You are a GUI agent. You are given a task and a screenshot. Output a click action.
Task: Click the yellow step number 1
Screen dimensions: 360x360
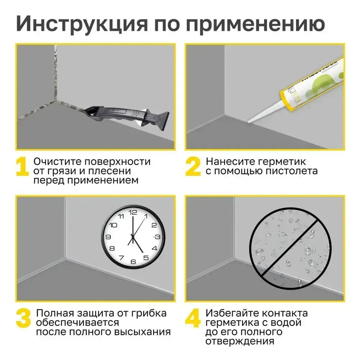click(22, 166)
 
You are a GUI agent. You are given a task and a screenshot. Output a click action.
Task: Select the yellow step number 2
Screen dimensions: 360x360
click(193, 166)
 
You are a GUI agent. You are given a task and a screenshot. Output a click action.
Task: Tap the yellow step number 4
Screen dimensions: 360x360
click(192, 317)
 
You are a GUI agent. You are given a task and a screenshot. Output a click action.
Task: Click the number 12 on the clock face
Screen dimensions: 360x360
click(132, 212)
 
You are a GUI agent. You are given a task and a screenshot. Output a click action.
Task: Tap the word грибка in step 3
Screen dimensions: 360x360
click(150, 313)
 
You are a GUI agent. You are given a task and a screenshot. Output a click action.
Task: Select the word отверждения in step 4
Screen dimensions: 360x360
click(239, 341)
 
